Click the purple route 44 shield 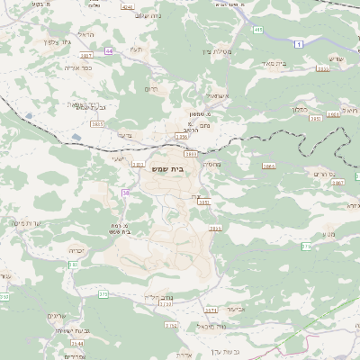click(109, 51)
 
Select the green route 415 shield click(259, 30)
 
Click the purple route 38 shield click(126, 193)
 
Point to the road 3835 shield click(97, 124)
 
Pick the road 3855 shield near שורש click(322, 68)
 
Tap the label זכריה click(76, 251)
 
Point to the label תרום click(151, 89)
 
